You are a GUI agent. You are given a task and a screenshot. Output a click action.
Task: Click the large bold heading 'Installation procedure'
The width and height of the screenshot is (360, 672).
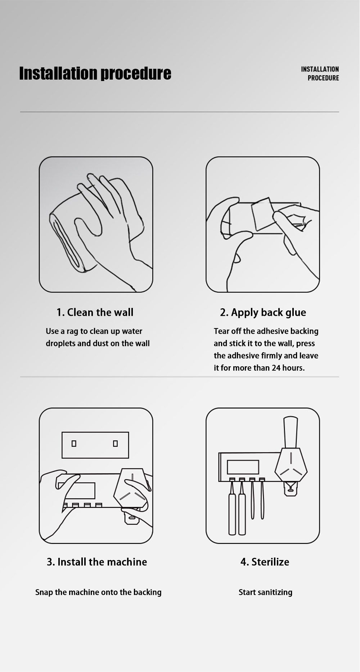[95, 73]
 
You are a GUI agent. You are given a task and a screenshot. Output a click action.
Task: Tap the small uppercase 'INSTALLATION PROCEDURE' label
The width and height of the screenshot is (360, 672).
[320, 73]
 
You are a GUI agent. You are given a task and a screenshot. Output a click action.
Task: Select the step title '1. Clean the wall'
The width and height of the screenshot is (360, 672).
[95, 312]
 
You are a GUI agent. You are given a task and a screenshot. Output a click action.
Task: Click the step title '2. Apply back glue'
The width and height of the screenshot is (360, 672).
[263, 313]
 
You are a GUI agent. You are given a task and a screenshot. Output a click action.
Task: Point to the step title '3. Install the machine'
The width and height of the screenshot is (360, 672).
[97, 562]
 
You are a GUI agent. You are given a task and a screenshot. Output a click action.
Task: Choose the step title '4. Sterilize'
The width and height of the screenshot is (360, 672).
[265, 562]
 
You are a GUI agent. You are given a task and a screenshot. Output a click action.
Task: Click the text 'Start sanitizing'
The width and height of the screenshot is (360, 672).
[265, 592]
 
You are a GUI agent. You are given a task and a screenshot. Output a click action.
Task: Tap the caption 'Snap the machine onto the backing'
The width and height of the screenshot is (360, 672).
[98, 592]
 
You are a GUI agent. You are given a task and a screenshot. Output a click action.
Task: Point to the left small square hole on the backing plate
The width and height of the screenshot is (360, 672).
[74, 443]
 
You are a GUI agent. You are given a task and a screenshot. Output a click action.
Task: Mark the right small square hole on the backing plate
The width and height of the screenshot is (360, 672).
[115, 443]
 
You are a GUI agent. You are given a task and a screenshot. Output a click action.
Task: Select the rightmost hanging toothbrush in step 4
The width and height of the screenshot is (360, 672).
[262, 499]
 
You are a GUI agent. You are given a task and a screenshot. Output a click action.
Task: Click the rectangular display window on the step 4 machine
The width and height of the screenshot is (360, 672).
[243, 467]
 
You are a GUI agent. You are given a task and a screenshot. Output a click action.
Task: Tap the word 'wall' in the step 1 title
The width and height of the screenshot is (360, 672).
[123, 312]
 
